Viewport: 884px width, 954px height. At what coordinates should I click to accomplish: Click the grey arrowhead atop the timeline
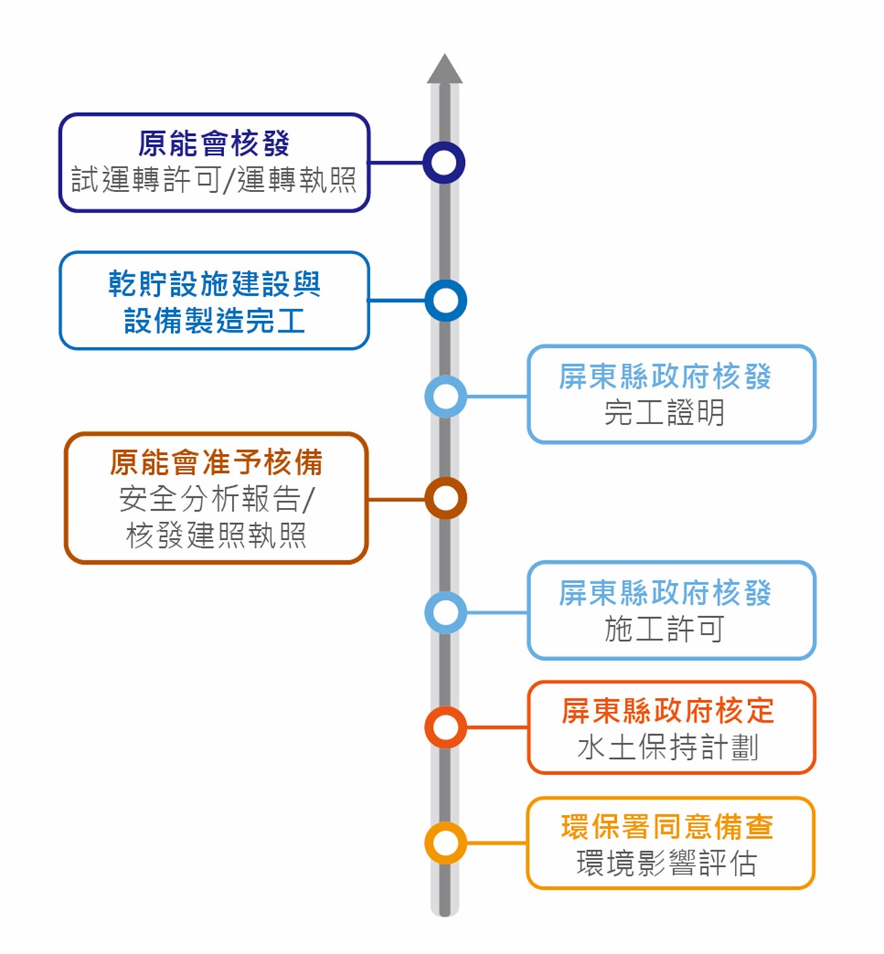[445, 69]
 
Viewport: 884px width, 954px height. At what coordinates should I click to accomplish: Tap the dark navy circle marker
[444, 148]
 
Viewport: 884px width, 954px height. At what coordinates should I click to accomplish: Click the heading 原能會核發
[215, 143]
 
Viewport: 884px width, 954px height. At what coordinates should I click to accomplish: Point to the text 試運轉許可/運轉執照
[215, 180]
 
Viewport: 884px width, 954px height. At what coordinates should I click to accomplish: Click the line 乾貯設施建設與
[215, 283]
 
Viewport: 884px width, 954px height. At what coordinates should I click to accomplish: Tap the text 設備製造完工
[215, 320]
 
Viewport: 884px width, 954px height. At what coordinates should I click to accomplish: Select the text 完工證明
[664, 413]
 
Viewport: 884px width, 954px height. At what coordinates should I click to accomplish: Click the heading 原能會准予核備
[216, 463]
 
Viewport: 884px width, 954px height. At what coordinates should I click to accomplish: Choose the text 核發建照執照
[216, 535]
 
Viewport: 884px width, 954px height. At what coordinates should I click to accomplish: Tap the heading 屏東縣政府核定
[668, 710]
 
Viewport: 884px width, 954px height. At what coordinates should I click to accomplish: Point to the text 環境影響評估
[667, 863]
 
